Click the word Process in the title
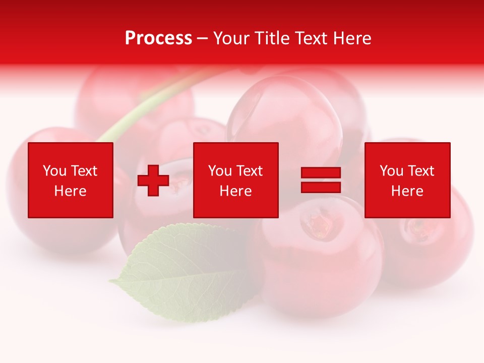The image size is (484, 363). [158, 38]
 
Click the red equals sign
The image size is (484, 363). [321, 180]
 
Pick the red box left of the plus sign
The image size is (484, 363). [71, 180]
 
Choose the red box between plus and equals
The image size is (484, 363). [236, 180]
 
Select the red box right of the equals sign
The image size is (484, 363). [407, 180]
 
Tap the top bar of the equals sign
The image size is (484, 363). [321, 173]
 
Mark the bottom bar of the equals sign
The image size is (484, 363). [321, 187]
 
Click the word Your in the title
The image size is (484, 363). [231, 38]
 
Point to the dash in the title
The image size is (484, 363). [203, 38]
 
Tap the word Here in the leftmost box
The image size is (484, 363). [71, 191]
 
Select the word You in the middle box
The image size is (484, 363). [220, 171]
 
